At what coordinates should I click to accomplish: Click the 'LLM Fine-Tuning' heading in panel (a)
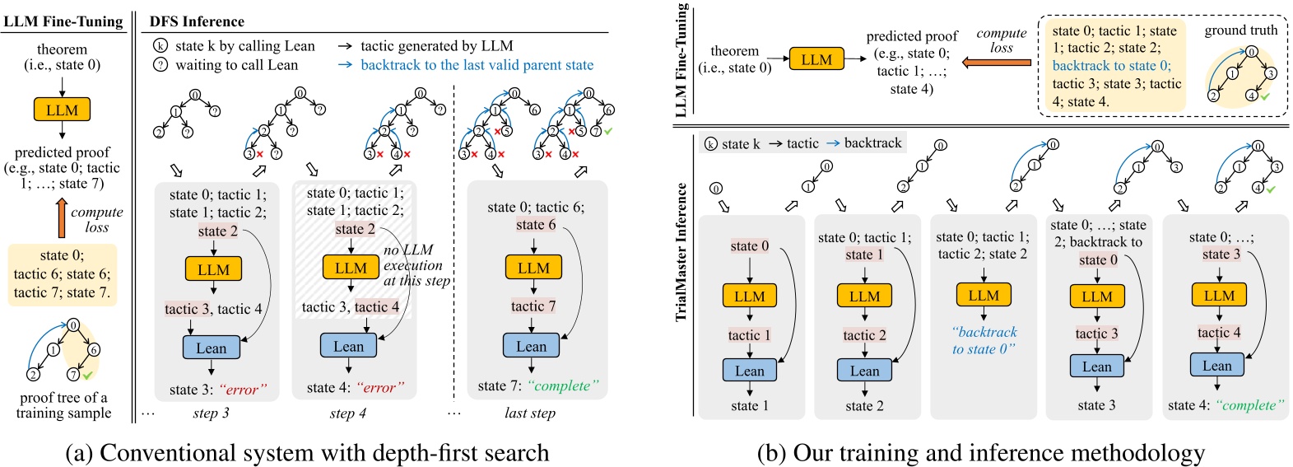63,21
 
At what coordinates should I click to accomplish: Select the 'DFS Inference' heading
197,21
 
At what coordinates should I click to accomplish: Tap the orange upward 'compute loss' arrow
62,217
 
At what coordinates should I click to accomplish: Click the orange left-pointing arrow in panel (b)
997,62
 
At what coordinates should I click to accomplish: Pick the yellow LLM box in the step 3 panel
213,269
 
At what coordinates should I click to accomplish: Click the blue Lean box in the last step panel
531,346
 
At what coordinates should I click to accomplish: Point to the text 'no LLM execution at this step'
416,265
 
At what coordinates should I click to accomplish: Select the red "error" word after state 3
243,390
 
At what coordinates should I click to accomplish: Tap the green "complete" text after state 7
563,385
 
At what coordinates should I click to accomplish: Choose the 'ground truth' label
1240,30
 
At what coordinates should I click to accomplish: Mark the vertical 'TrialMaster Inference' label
681,251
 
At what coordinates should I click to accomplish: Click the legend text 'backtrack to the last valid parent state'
477,64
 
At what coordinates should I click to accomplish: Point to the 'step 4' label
347,413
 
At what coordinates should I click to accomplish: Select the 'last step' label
529,413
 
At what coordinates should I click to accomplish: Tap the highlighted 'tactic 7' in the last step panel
533,306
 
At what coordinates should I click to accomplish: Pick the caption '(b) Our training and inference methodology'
980,452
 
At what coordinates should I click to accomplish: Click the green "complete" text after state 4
1249,405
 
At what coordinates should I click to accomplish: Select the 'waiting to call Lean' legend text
236,64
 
